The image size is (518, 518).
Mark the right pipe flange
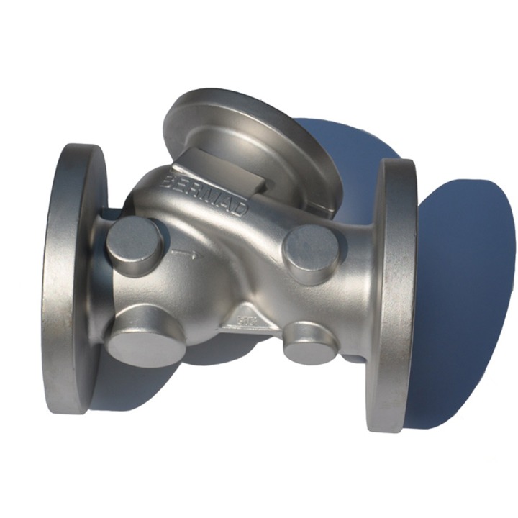coord(394,295)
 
